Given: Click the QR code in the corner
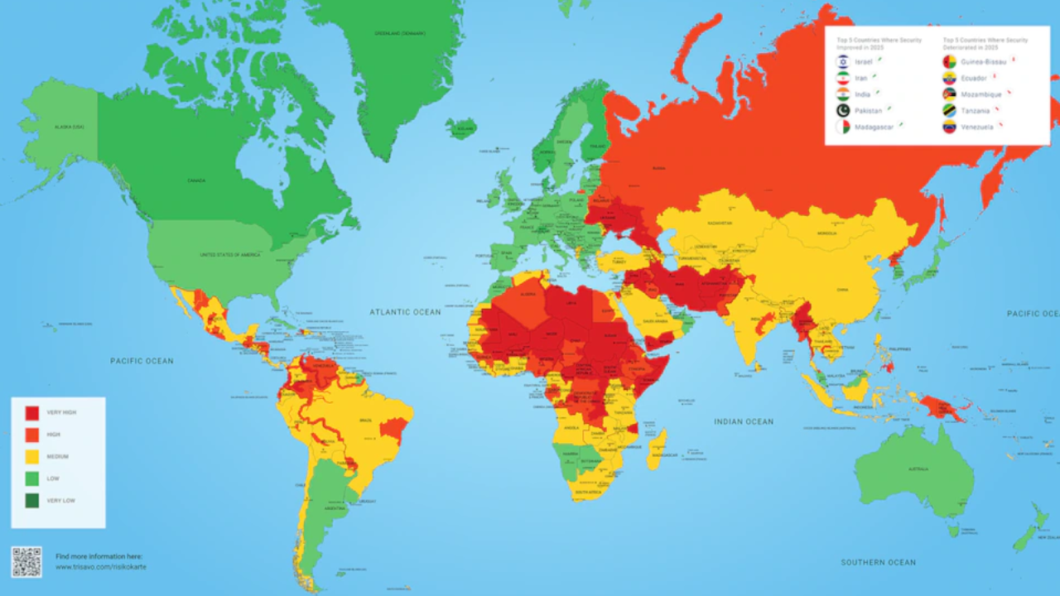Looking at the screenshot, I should [x=26, y=561].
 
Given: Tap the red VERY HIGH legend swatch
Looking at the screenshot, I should [x=31, y=412].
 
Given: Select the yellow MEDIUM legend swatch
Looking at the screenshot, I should [x=31, y=456].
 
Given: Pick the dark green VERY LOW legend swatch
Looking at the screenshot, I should [x=31, y=500].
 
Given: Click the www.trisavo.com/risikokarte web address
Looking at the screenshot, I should [x=101, y=567].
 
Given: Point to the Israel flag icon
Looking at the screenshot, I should [x=843, y=62].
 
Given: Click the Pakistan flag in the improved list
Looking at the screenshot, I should [x=843, y=110].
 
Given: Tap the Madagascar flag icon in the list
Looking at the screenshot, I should [x=843, y=127].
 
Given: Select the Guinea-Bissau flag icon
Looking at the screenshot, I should [x=949, y=62].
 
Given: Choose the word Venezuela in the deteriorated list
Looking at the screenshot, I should [x=978, y=127].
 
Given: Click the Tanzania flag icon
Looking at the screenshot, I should [x=949, y=110].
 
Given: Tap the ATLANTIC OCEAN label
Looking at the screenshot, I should [x=406, y=312].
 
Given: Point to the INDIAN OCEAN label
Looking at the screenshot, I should [x=744, y=421].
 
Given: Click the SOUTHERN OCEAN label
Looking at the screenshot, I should [x=878, y=562].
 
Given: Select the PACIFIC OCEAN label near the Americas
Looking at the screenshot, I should [x=142, y=361].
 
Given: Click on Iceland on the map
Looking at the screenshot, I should [x=461, y=128].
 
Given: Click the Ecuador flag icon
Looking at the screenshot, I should [x=949, y=78].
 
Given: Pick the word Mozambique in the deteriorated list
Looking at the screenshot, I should [x=980, y=94].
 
